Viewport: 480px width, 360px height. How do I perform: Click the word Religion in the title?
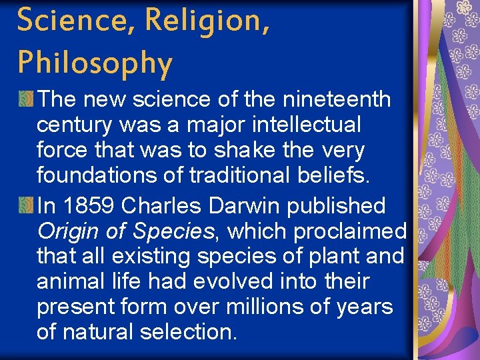tap(207, 21)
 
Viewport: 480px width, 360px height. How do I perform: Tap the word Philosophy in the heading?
tap(95, 63)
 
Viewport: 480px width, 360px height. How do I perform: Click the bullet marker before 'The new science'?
tap(26, 99)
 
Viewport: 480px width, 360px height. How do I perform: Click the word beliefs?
tap(339, 175)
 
